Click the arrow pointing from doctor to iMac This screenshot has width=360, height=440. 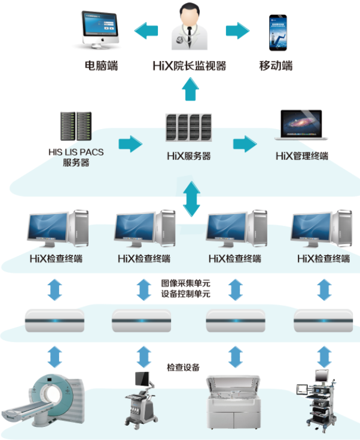click(x=147, y=30)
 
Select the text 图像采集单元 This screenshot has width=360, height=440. click(x=185, y=283)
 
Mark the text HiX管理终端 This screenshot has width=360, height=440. click(x=301, y=157)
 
